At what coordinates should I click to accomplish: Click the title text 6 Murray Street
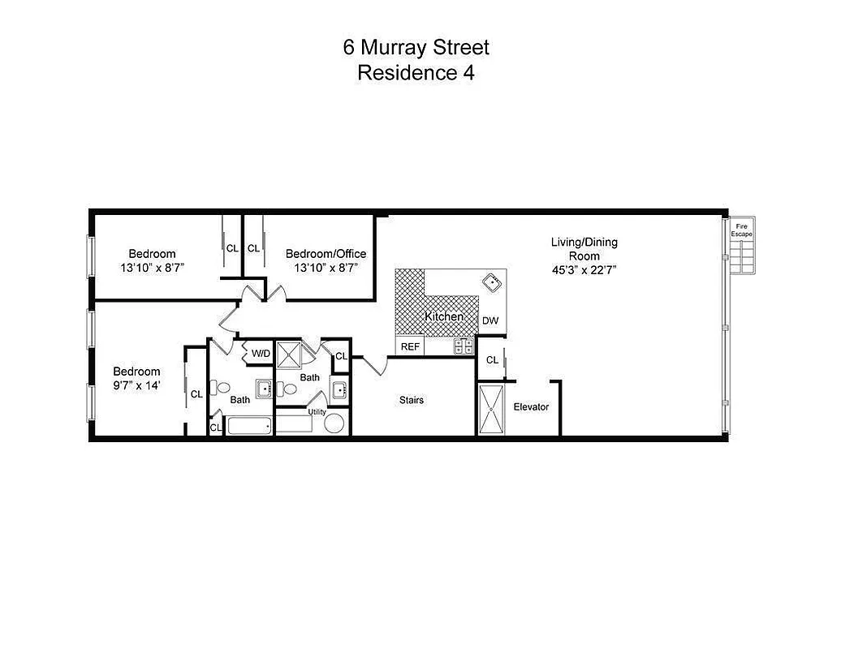(416, 48)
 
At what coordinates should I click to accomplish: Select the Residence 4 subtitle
(416, 73)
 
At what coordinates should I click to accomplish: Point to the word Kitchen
(444, 316)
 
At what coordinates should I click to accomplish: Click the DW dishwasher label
(490, 320)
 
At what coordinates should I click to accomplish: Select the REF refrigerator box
(411, 346)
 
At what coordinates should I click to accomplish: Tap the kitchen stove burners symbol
(464, 346)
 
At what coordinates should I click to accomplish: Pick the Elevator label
(531, 406)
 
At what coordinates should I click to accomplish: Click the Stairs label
(411, 400)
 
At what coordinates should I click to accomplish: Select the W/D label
(261, 353)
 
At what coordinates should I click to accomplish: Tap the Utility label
(317, 412)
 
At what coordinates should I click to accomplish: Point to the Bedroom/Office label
(326, 254)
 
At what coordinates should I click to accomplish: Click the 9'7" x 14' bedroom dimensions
(136, 386)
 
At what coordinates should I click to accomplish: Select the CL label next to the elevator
(492, 360)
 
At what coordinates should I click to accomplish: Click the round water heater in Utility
(335, 424)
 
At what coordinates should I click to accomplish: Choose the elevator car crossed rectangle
(491, 410)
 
